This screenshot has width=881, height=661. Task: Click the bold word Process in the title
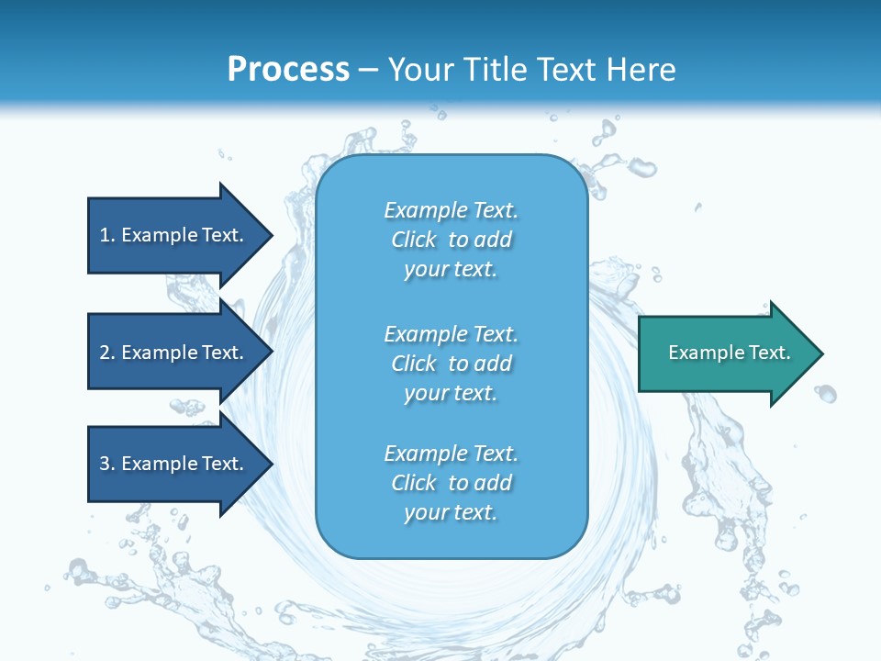click(288, 70)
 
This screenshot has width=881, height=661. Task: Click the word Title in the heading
click(496, 70)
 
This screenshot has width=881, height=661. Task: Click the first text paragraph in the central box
click(451, 240)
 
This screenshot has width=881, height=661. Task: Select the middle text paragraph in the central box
click(451, 364)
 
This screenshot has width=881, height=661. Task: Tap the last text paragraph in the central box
click(451, 483)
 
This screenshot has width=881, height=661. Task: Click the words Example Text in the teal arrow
click(730, 353)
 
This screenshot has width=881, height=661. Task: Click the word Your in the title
click(420, 70)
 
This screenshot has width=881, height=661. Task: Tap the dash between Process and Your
click(369, 70)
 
